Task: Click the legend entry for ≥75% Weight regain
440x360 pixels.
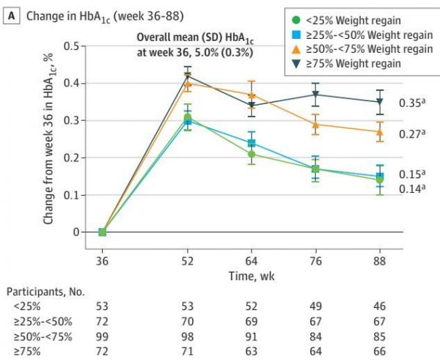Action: click(x=359, y=63)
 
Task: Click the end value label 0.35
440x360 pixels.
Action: click(x=411, y=103)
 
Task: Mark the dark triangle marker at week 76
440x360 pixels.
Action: click(x=316, y=95)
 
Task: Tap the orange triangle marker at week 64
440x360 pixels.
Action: click(x=252, y=95)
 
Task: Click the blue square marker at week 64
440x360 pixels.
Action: click(x=252, y=143)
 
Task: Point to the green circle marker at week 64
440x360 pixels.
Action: click(x=252, y=154)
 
